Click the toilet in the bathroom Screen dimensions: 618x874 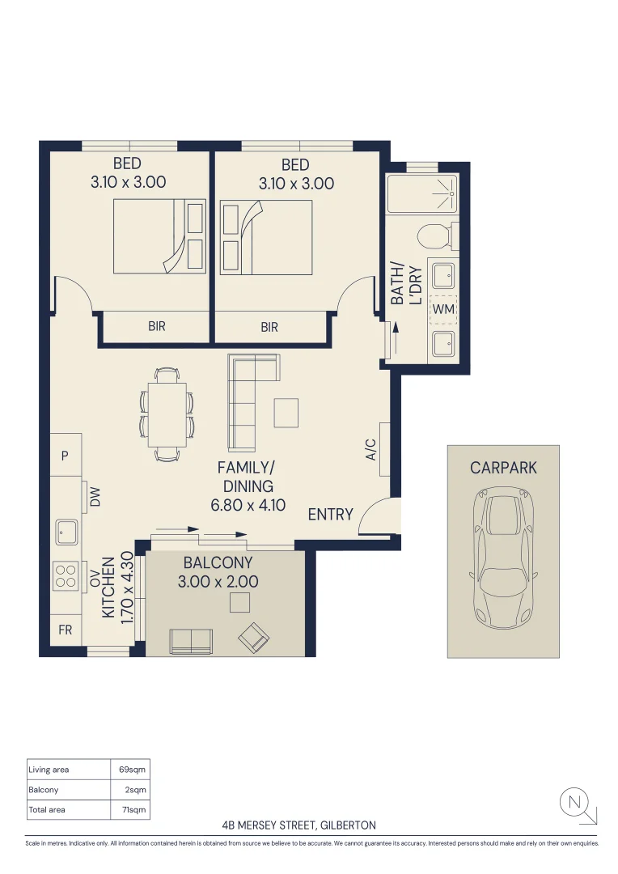click(438, 235)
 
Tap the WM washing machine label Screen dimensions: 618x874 click(443, 309)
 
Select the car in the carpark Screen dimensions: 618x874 click(503, 558)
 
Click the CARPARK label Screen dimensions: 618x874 click(503, 468)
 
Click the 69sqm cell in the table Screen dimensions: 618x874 click(132, 770)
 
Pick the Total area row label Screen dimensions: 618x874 click(47, 809)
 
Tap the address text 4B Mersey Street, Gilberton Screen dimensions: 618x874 click(298, 825)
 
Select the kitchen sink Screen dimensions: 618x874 click(67, 532)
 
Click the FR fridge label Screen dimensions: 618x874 click(66, 630)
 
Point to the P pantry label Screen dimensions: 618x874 click(65, 456)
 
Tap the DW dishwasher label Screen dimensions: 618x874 click(95, 497)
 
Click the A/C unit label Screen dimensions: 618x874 click(371, 450)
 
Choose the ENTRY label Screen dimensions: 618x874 click(331, 514)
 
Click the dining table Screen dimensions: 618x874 click(167, 414)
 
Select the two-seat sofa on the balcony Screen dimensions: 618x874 click(191, 641)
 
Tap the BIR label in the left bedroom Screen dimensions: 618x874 click(157, 326)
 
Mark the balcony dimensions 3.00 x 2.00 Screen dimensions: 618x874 click(218, 581)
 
